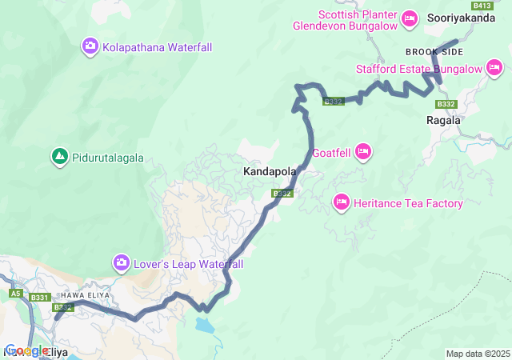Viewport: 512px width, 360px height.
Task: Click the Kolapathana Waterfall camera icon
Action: point(90,47)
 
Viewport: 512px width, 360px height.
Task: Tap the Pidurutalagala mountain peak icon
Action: point(58,157)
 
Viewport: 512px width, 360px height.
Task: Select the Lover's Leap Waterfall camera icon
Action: point(122,262)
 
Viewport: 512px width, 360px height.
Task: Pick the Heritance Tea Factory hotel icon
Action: point(342,202)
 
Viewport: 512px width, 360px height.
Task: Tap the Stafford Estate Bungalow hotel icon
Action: point(496,69)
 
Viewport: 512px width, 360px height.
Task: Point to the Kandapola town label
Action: point(270,172)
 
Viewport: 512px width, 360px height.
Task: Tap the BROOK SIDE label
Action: point(434,51)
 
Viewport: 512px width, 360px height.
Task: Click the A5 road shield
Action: point(15,294)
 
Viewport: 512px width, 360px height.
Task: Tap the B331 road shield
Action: point(40,298)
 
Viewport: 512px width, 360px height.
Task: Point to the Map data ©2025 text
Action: point(477,354)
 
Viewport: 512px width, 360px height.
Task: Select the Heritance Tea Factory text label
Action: point(408,203)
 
